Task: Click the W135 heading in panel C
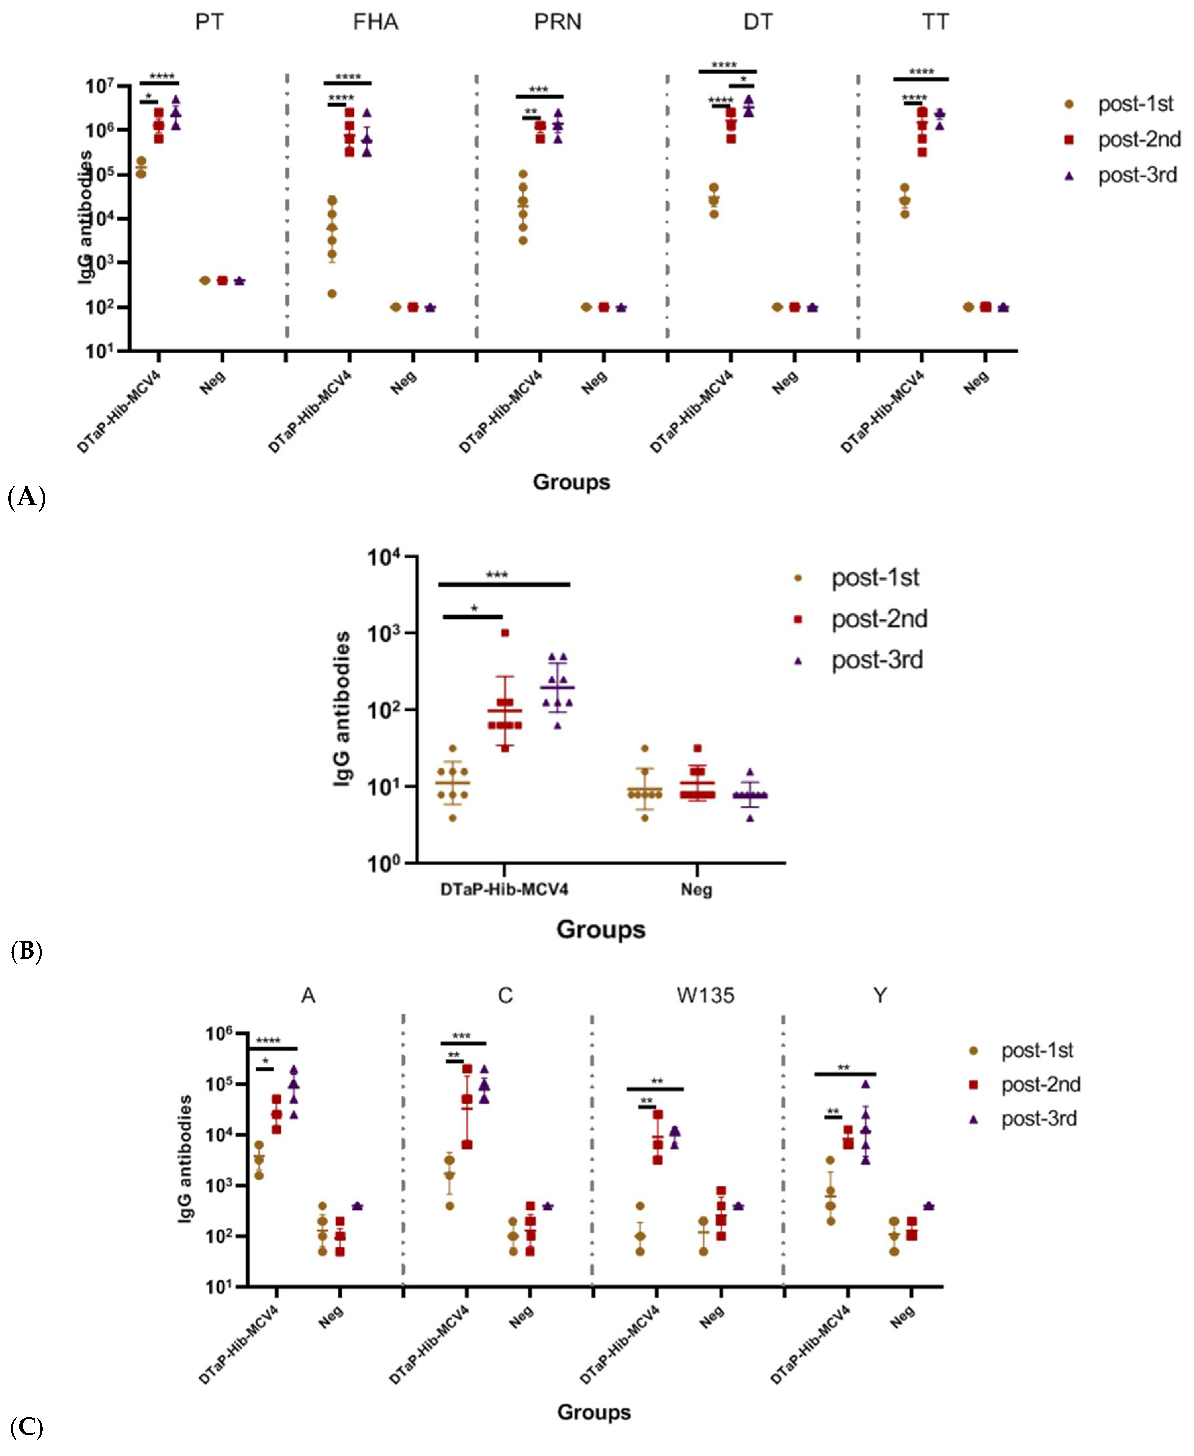(x=705, y=995)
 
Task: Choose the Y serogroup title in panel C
(x=880, y=995)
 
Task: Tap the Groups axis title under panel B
(x=600, y=929)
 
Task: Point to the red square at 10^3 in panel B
(x=505, y=633)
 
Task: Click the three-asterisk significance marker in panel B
(x=497, y=574)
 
